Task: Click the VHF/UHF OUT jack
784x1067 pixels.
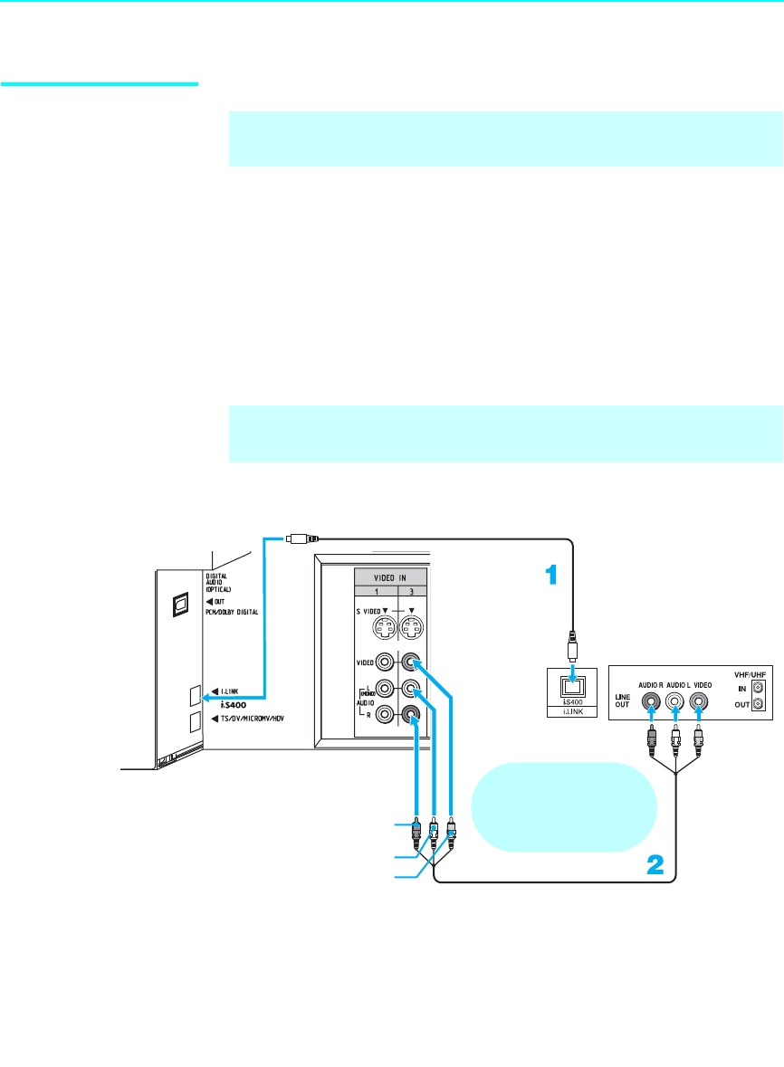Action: tap(757, 704)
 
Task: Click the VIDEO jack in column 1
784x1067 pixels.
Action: tap(386, 662)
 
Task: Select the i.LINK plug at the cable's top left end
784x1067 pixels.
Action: tap(300, 538)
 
